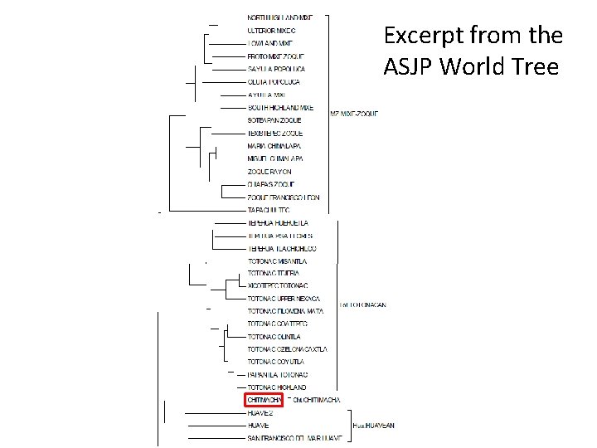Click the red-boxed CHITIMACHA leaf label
point(265,401)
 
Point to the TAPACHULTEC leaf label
point(269,210)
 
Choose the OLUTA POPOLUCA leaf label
point(274,82)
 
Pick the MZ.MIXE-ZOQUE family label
point(354,114)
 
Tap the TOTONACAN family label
point(362,305)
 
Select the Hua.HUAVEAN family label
point(374,425)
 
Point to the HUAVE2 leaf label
point(261,412)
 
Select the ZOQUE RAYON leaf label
point(269,171)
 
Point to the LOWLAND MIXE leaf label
point(269,43)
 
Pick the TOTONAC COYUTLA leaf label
point(276,362)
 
